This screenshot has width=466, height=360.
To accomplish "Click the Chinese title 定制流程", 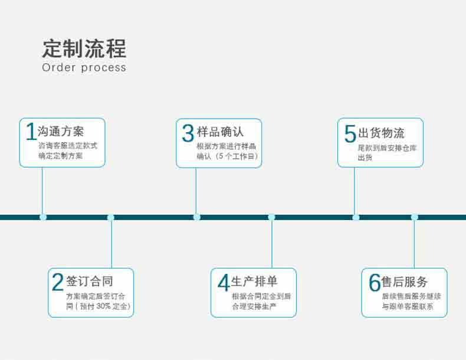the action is (x=84, y=48).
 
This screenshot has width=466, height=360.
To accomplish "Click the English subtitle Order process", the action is (x=84, y=67).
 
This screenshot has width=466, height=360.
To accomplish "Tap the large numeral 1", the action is (x=31, y=132).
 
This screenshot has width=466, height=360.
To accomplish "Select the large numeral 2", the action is (x=58, y=282).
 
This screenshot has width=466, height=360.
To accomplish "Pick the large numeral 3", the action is (x=188, y=133).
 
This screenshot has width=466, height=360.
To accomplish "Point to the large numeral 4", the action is (x=224, y=283).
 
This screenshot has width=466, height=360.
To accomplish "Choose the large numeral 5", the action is (x=350, y=133).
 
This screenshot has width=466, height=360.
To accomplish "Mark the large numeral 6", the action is (x=375, y=283).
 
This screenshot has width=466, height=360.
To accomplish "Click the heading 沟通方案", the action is (x=61, y=132).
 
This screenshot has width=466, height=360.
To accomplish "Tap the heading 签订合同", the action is (x=90, y=281).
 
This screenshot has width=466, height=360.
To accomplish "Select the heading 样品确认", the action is (x=220, y=132).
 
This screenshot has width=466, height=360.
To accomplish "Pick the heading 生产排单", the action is (x=254, y=282).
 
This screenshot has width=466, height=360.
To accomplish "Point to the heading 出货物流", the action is (x=381, y=133).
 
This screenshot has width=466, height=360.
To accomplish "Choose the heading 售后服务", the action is (x=405, y=282).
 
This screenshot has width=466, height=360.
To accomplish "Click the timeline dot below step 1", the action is (x=43, y=217).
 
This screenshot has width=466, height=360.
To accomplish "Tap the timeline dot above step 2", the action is (x=110, y=217).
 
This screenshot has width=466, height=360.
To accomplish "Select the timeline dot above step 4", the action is (x=271, y=217).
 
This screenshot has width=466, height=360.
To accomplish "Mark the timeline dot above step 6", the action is (x=415, y=217).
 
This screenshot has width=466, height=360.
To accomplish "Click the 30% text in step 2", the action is (x=103, y=306).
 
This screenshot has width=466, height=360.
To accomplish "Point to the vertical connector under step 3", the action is (x=196, y=191).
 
